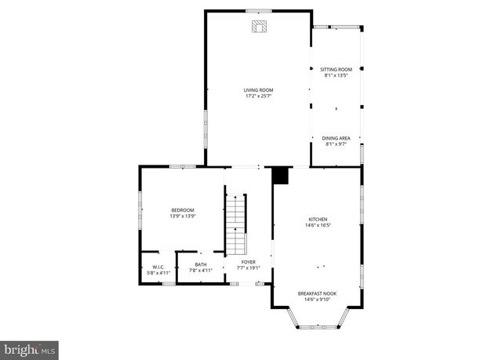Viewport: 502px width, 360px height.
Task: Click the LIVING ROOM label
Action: [258, 90]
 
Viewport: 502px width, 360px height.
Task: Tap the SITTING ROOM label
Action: [336, 70]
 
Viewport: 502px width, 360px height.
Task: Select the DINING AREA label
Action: [336, 138]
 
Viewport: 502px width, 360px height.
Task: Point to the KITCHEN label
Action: [318, 219]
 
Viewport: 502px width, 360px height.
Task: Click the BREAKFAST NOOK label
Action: [318, 293]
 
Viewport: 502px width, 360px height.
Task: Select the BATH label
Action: [202, 265]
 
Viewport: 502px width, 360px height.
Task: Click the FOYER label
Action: [248, 262]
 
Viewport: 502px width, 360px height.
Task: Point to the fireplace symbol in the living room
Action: [259, 27]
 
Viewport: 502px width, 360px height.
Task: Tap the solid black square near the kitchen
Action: [280, 176]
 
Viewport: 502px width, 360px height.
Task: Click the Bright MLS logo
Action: [30, 347]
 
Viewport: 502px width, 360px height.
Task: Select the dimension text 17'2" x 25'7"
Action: [258, 96]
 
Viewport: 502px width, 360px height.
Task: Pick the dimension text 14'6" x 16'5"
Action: [318, 225]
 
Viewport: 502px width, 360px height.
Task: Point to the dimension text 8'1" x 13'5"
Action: [336, 76]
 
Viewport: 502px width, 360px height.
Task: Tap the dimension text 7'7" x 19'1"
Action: [248, 268]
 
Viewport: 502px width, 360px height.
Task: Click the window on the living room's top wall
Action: [258, 10]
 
